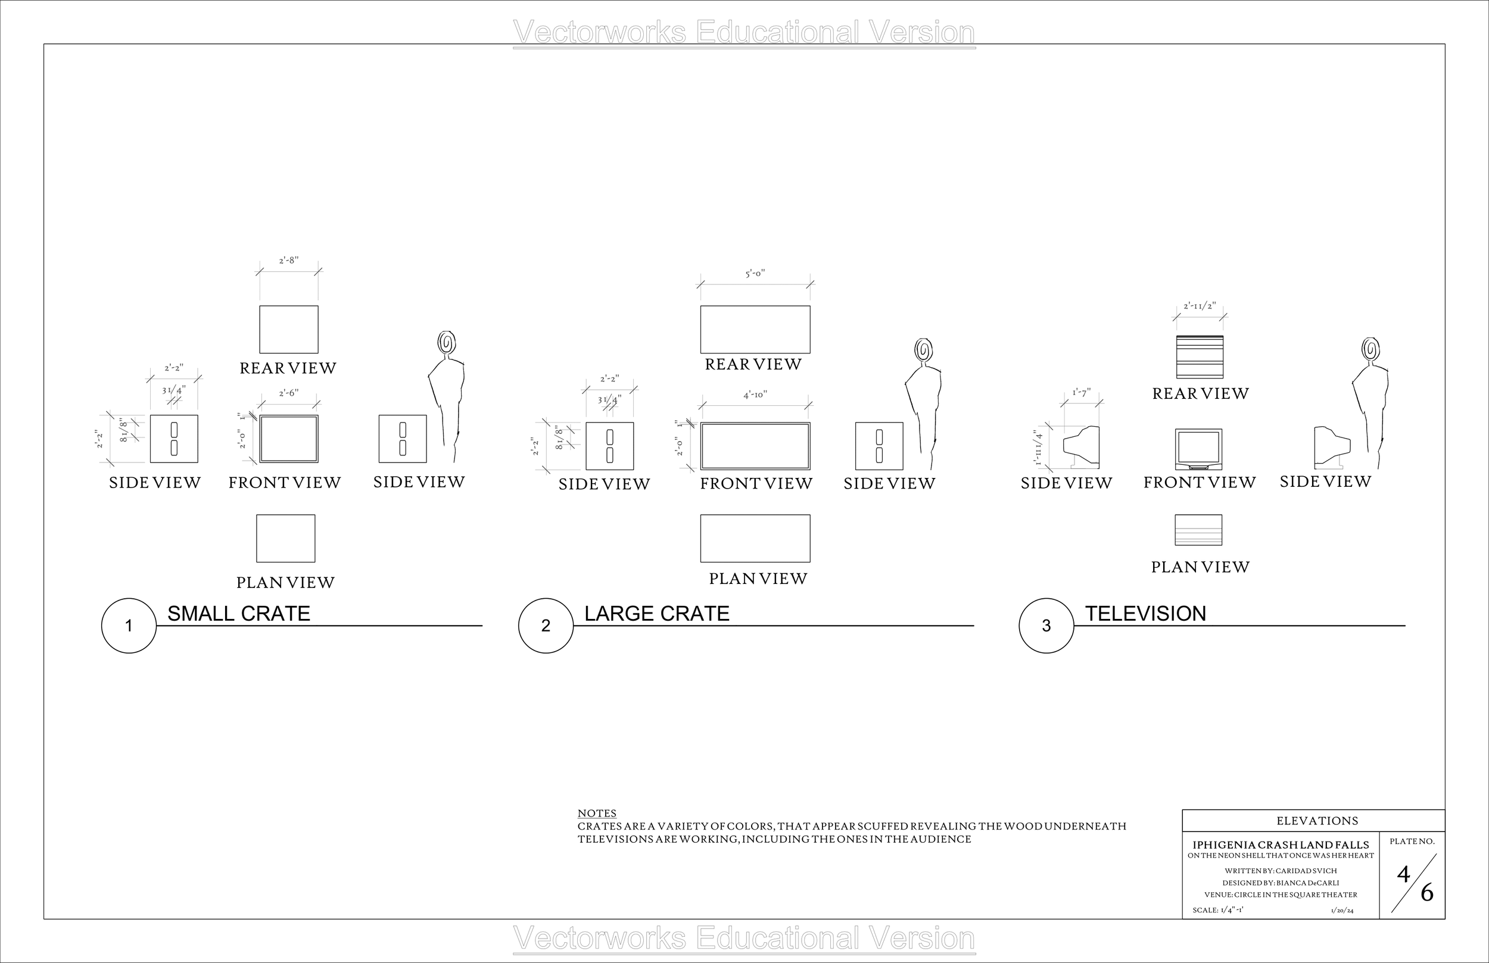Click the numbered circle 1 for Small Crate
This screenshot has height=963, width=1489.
[x=128, y=626]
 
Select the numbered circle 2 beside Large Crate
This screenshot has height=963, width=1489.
[x=546, y=626]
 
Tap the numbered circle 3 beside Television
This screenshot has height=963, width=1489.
[x=1046, y=626]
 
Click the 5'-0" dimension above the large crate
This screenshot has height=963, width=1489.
[x=755, y=274]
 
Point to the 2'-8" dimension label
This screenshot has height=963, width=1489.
[x=288, y=260]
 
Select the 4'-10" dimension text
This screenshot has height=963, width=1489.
[x=755, y=395]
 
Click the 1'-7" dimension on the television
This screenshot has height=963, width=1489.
[x=1081, y=393]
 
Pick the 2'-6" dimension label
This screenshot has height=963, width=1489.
[x=288, y=393]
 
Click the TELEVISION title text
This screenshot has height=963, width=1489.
[x=1145, y=614]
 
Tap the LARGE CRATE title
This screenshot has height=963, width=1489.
[x=656, y=614]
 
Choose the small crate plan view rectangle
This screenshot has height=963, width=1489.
[x=285, y=539]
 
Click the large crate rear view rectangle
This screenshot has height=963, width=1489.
[x=755, y=330]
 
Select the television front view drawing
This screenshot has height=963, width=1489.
[x=1198, y=448]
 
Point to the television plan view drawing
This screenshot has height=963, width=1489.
[x=1198, y=530]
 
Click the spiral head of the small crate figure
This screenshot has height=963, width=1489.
[x=446, y=343]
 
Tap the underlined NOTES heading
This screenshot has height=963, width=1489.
[x=596, y=814]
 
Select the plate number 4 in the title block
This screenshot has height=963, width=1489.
[x=1403, y=875]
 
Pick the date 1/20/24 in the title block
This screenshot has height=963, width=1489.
[x=1342, y=911]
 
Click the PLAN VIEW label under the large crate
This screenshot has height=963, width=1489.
[x=758, y=579]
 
